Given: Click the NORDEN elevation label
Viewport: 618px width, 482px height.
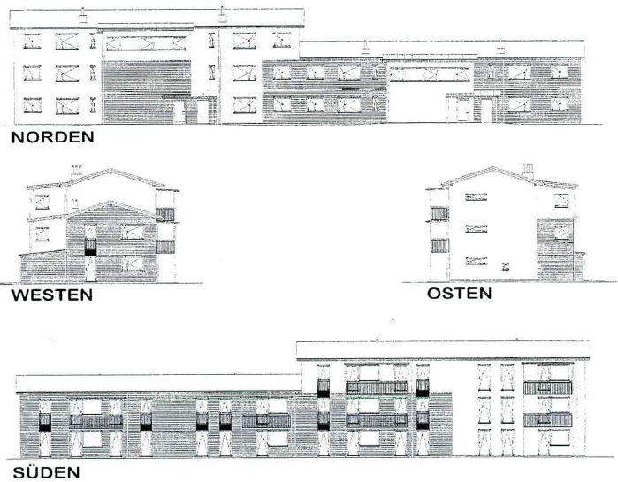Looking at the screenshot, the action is (x=53, y=137).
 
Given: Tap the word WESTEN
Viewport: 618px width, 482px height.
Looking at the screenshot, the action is (x=52, y=295).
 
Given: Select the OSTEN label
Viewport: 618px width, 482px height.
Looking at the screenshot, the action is (x=460, y=294).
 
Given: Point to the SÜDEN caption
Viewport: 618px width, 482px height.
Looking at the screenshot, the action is (x=46, y=472).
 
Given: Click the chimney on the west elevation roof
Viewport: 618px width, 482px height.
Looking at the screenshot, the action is (x=76, y=172).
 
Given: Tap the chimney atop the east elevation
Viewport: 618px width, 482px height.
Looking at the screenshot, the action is (x=527, y=170).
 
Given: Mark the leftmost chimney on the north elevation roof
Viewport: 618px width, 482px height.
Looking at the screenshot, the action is (x=83, y=16).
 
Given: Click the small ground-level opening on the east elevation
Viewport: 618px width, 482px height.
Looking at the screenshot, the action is (x=505, y=266).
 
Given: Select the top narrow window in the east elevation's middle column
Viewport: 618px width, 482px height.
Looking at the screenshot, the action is (x=477, y=196).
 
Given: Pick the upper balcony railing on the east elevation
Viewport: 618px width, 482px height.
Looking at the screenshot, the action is (x=439, y=214).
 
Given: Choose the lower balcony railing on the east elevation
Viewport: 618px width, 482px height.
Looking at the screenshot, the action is (x=439, y=246).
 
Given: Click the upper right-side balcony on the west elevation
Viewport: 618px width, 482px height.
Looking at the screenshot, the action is (x=165, y=214).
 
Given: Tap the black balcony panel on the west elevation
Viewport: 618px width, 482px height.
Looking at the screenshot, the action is (x=90, y=252).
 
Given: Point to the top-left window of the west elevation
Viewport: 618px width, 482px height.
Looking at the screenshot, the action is (x=42, y=202).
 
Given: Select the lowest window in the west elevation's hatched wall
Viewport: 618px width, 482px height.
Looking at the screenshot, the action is (x=133, y=264).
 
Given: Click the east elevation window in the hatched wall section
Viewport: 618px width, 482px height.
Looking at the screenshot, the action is (x=562, y=232).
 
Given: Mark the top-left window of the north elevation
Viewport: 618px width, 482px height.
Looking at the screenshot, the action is (x=32, y=41).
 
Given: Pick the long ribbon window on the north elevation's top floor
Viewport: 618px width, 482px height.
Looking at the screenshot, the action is (x=146, y=43).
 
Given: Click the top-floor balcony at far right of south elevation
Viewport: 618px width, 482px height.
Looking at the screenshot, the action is (x=547, y=387).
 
